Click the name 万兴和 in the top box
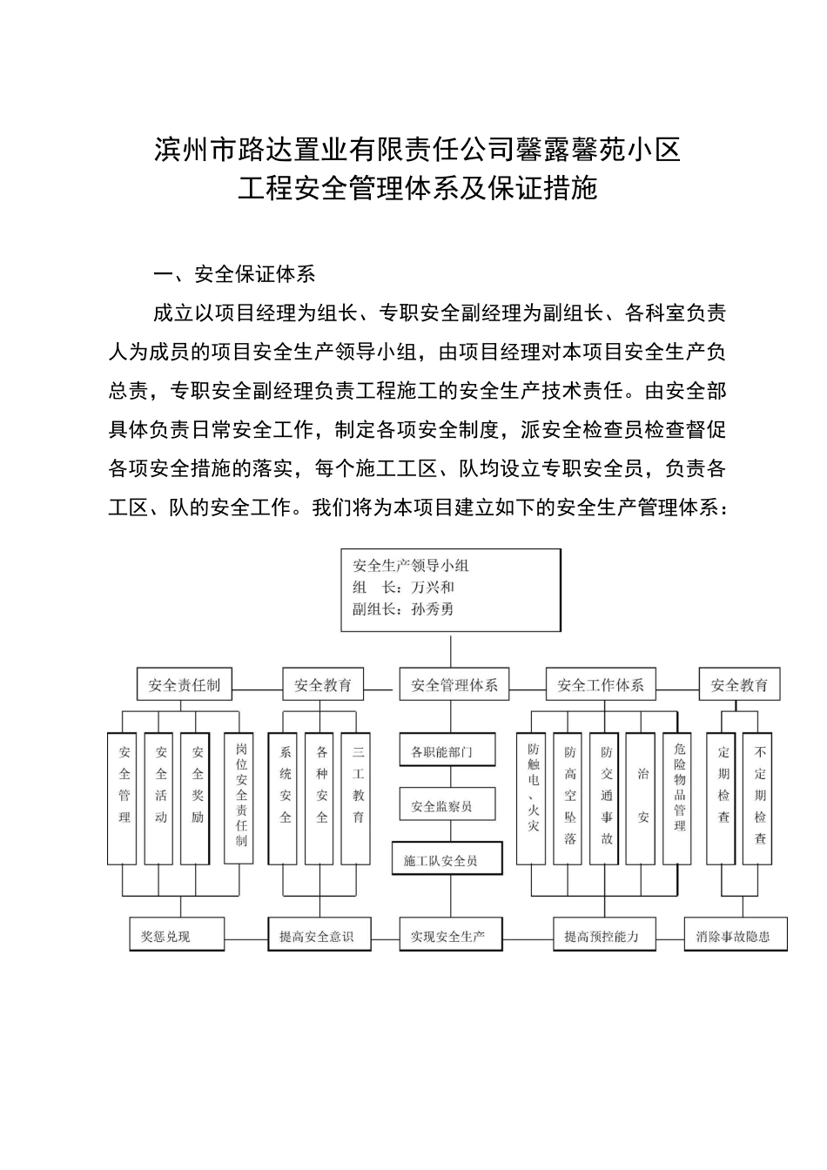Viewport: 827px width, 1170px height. click(433, 588)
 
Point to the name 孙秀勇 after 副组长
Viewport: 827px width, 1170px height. click(433, 609)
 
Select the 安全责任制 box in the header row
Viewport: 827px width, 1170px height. click(185, 685)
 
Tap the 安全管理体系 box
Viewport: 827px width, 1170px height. click(454, 685)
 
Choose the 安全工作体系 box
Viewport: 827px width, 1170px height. click(601, 685)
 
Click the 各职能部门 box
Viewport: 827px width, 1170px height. click(447, 751)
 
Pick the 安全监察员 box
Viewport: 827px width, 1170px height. click(447, 806)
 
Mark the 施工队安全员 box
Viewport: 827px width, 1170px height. click(447, 860)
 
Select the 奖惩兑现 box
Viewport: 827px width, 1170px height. click(177, 936)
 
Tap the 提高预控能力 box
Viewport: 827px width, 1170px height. click(602, 936)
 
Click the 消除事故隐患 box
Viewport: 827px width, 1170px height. click(736, 936)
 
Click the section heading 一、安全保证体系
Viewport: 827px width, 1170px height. click(234, 274)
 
